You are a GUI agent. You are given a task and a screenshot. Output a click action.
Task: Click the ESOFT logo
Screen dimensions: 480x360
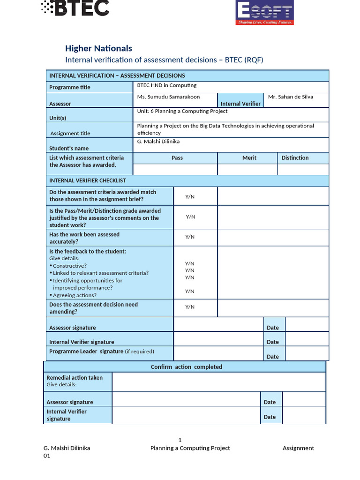coord(264,12)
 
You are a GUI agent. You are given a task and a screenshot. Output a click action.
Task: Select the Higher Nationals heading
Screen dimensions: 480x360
coord(98,48)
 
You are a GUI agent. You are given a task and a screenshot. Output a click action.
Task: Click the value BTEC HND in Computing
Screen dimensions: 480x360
coord(166,85)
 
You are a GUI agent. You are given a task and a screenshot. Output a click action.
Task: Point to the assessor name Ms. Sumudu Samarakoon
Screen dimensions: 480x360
coord(168,97)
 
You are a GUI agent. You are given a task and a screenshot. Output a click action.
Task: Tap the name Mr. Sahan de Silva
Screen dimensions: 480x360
coord(291,97)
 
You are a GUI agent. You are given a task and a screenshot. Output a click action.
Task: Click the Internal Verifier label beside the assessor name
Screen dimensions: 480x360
coord(240,104)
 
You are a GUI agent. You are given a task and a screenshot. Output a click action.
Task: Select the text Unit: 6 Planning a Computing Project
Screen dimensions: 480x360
coord(182,111)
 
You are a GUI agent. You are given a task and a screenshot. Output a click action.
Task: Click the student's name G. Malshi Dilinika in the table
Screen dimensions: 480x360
coord(158,142)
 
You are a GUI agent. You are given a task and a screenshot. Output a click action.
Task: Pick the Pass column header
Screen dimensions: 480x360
coord(177,158)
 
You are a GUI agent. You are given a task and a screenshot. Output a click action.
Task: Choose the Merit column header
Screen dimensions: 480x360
coord(249,158)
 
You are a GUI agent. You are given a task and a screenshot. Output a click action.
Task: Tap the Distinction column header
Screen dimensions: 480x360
coord(295,158)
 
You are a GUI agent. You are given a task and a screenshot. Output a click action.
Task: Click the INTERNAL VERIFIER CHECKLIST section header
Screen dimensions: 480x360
coord(88,180)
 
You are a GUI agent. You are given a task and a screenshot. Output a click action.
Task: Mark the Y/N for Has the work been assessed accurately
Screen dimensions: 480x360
coord(190,237)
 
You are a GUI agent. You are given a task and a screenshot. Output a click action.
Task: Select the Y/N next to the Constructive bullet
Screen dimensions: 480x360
coord(190,264)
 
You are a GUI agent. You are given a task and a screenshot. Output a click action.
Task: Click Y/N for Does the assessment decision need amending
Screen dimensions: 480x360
coord(190,307)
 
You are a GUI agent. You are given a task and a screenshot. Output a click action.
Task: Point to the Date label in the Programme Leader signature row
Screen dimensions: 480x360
coord(273,357)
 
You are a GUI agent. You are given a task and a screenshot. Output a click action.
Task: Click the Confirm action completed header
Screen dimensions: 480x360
coord(186,367)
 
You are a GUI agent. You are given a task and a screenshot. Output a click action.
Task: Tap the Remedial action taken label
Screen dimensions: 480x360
coord(75,378)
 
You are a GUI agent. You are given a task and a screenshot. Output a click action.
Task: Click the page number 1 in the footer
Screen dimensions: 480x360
coord(180,440)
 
